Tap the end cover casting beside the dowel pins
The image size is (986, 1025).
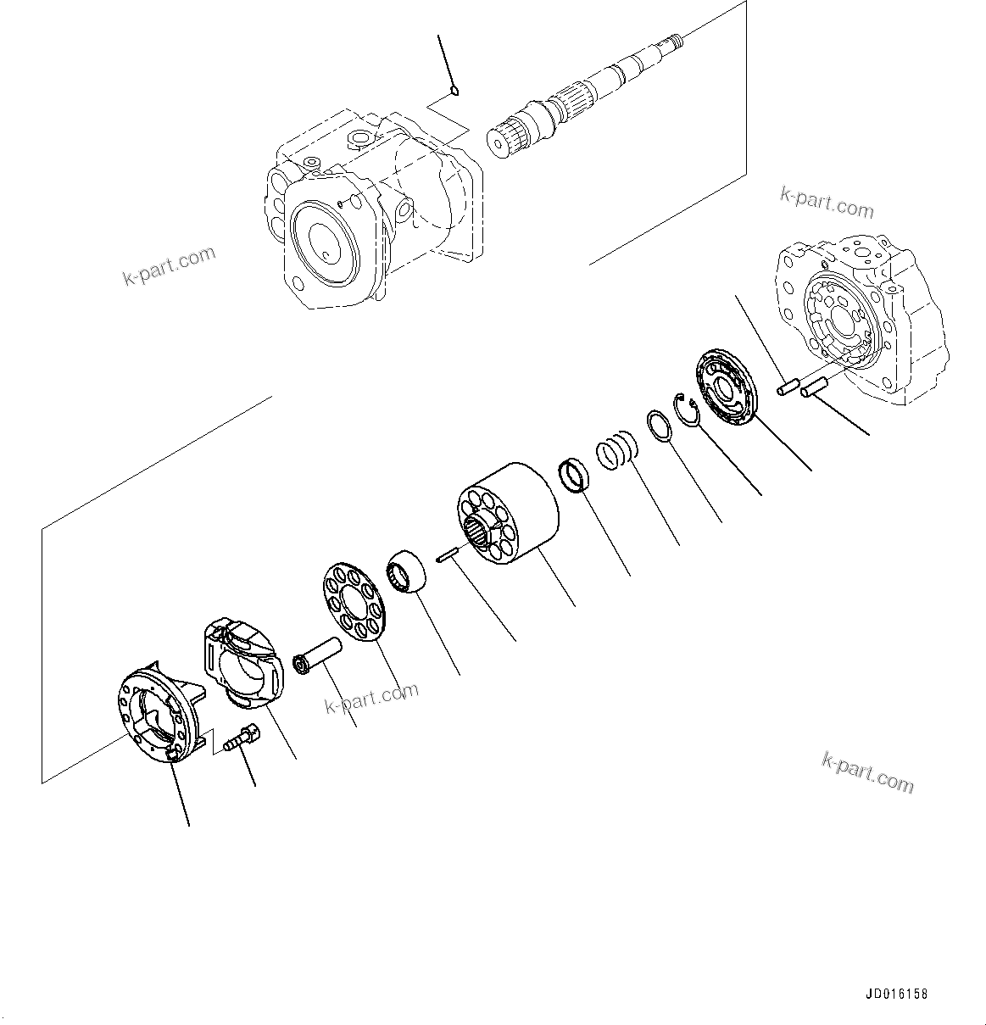click(x=856, y=314)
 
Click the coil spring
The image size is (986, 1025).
click(x=617, y=449)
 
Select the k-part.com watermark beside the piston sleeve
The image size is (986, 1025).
click(x=371, y=697)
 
